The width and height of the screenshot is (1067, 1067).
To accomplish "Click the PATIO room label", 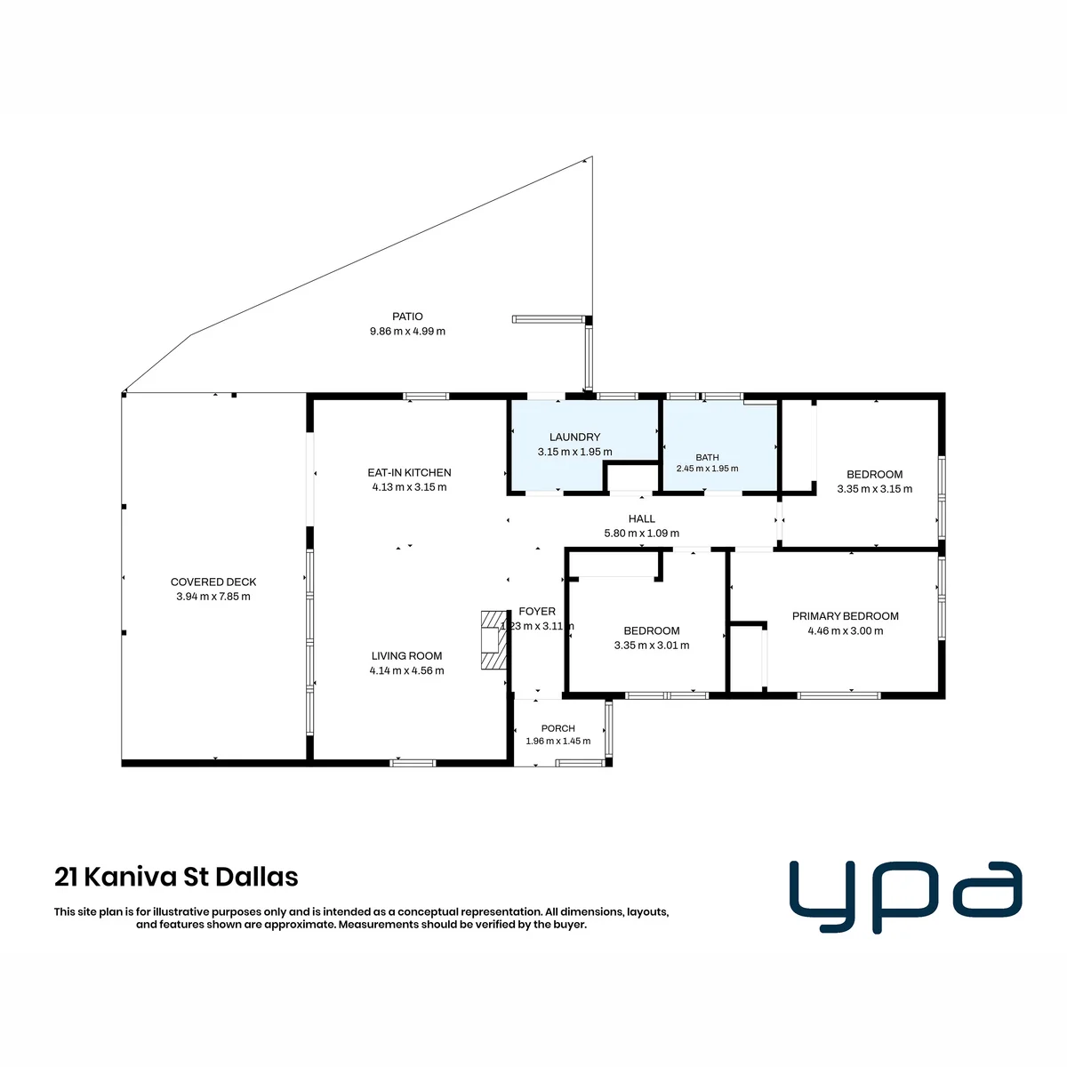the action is point(407,317).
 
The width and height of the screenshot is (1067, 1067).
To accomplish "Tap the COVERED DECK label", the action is point(213,582).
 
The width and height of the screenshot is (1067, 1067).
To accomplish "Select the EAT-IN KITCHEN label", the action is point(409,472).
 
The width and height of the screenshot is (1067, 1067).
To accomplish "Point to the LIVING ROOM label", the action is point(406,655).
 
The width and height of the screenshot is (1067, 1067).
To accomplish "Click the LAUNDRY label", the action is point(574,437).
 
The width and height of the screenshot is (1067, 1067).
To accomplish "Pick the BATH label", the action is point(707,457).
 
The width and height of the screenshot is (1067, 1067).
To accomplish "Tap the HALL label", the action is point(641,518).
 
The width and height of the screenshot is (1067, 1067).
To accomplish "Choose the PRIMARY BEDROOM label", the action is point(845,615).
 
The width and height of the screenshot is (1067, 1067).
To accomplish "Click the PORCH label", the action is point(558,728).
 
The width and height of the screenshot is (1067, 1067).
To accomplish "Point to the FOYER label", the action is point(536,611).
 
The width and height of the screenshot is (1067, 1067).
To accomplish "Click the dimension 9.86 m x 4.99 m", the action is point(407,331).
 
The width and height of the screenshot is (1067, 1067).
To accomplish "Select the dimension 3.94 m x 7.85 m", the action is point(213,597).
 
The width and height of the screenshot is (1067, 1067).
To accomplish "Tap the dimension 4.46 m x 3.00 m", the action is point(845,630).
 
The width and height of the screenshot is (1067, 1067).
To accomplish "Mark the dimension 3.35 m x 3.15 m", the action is point(874,488).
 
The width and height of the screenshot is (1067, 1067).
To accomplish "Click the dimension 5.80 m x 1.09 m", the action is point(641,533).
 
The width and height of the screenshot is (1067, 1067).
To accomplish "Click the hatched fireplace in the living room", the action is point(493,640).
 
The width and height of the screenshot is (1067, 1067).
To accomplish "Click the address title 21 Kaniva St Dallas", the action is point(176,877).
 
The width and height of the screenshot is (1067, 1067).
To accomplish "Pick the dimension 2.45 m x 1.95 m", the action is point(707,469).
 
